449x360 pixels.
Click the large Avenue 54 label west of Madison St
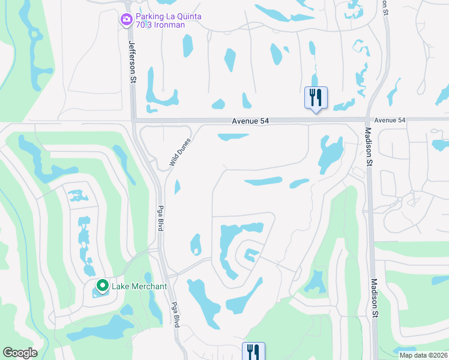point(250,121)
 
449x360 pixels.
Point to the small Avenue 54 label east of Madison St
point(390,121)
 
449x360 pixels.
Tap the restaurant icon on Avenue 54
point(316,97)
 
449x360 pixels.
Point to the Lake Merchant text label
point(139,286)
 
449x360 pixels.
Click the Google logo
point(20,353)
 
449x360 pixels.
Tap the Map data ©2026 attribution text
point(423,355)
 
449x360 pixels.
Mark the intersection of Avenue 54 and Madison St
point(367,120)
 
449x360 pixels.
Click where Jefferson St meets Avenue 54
point(134,121)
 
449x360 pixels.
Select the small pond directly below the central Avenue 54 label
point(233,137)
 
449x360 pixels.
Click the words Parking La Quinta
point(167,17)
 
